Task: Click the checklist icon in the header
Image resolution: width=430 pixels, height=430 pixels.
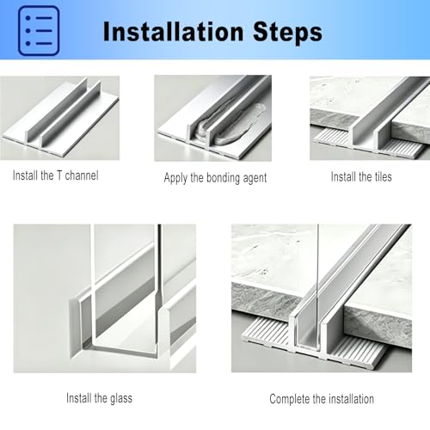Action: point(39,30)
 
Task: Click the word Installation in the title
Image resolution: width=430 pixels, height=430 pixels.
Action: point(174,32)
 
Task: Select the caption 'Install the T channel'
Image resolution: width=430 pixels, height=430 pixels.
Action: point(56,175)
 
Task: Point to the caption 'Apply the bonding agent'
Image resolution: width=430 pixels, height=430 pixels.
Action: point(215,178)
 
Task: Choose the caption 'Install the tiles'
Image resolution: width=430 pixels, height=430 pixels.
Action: point(361,176)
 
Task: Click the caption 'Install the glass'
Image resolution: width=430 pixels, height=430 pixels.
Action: point(99,398)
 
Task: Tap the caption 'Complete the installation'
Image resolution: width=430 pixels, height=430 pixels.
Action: point(322,399)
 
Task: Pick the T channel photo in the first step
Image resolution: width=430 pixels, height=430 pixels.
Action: point(59,118)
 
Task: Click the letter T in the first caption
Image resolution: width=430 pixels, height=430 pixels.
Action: point(59,175)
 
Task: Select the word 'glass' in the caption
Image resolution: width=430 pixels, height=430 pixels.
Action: point(121,399)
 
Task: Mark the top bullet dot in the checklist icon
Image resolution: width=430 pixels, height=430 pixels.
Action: point(28,18)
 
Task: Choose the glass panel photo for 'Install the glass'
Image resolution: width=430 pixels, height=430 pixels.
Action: point(105,298)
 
